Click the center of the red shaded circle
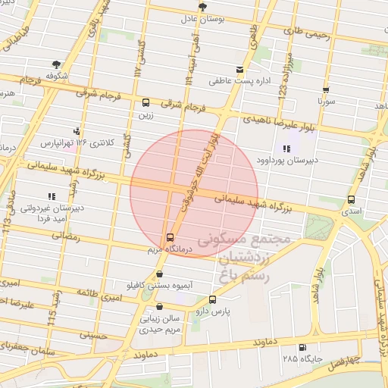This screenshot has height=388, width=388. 194,192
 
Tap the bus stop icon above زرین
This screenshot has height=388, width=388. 145,102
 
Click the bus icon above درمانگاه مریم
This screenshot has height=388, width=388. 170,236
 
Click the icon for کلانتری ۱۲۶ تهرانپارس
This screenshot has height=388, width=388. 76,130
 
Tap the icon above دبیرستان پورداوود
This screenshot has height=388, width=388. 286,149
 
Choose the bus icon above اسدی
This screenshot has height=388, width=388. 350,199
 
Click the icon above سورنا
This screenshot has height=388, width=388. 326,89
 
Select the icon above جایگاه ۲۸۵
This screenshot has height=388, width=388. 291,345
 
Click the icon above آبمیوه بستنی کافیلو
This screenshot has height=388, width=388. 159,275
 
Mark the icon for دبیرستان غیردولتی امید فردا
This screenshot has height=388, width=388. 50,196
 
